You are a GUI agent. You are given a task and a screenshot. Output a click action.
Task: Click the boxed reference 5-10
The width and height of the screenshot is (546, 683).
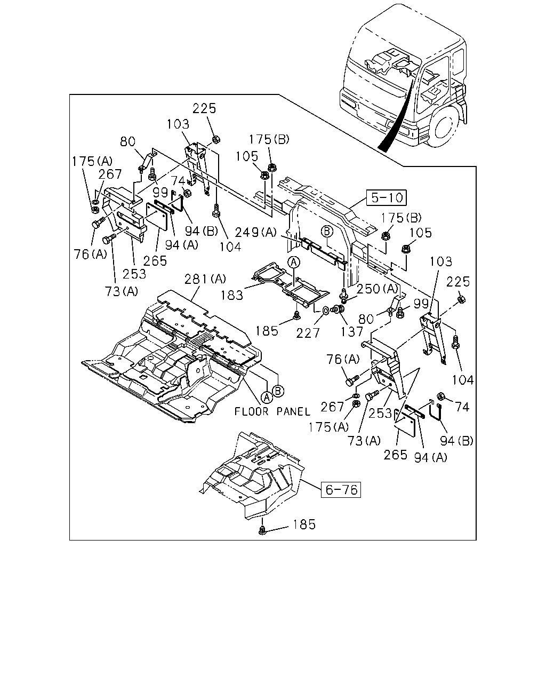pyautogui.click(x=386, y=198)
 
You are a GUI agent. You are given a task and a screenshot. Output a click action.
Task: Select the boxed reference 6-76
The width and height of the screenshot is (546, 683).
pyautogui.click(x=341, y=490)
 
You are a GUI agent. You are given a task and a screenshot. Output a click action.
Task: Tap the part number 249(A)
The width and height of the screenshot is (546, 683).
pyautogui.click(x=256, y=232)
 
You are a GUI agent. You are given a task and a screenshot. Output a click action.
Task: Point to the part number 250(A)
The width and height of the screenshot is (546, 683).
pyautogui.click(x=377, y=289)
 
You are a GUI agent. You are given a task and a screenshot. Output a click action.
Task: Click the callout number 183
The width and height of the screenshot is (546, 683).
pyautogui.click(x=232, y=296)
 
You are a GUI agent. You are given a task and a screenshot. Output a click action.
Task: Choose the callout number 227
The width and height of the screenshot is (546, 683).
pyautogui.click(x=308, y=333)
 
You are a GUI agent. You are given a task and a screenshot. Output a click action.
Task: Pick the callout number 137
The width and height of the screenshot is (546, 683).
pyautogui.click(x=352, y=332)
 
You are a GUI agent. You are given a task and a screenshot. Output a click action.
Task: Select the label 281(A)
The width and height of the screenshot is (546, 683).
pyautogui.click(x=205, y=279)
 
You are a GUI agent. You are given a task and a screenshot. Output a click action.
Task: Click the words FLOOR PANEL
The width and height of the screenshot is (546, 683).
pyautogui.click(x=272, y=411)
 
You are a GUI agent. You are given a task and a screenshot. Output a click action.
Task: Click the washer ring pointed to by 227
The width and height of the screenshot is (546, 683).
pyautogui.click(x=325, y=309)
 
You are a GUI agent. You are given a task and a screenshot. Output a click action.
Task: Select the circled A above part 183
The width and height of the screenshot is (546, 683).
pyautogui.click(x=294, y=263)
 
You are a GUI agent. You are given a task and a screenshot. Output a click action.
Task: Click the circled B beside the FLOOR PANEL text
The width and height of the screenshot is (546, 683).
pyautogui.click(x=278, y=391)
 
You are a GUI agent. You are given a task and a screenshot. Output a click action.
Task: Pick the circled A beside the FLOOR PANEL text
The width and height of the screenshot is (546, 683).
pyautogui.click(x=267, y=397)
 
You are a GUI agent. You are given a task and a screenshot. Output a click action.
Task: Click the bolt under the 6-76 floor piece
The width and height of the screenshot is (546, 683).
pyautogui.click(x=262, y=530)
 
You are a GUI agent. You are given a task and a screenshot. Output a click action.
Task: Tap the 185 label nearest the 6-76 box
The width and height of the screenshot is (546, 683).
pyautogui.click(x=304, y=525)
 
